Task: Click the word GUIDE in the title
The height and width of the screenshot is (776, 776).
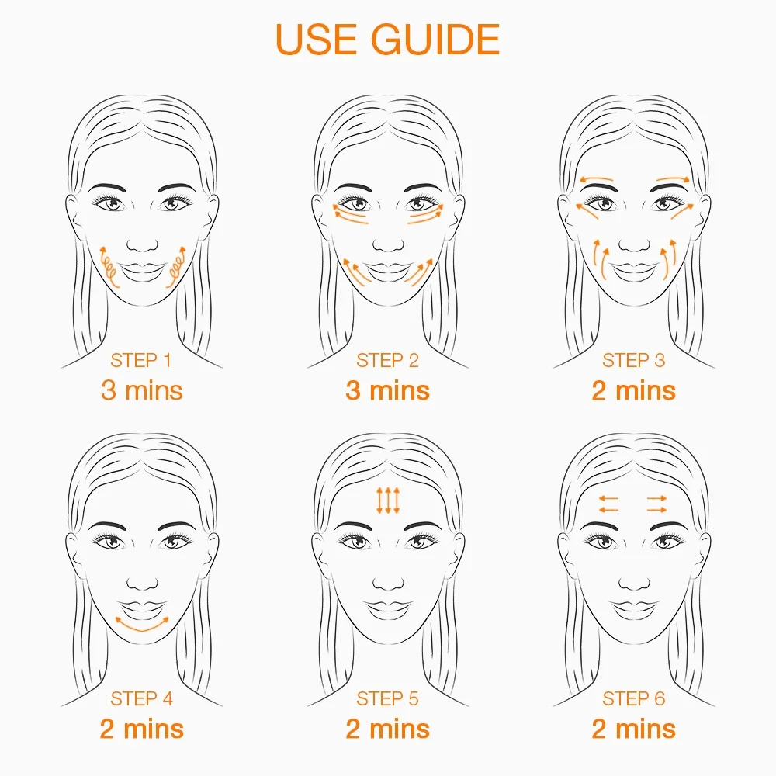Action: (435, 39)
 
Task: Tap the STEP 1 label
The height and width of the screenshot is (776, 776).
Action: (141, 360)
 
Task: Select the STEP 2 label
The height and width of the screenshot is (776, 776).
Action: (387, 360)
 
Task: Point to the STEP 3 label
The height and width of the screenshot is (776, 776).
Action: (633, 360)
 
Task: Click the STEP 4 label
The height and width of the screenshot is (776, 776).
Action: (141, 699)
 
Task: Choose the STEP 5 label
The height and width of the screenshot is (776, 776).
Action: (387, 699)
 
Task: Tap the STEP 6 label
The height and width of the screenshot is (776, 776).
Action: (633, 699)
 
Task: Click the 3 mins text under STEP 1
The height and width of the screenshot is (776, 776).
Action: (141, 390)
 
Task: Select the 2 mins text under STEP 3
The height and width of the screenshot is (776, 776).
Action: (633, 390)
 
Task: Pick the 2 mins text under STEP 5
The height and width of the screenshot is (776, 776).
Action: (387, 729)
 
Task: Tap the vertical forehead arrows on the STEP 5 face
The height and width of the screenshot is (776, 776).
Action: (388, 501)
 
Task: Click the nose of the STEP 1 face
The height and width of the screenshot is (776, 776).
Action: (142, 244)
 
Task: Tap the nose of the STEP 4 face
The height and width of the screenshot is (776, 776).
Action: (142, 583)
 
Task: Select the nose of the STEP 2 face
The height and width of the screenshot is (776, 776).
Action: (388, 244)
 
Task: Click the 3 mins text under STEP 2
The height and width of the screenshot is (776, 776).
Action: (387, 390)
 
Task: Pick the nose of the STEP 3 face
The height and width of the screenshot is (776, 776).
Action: (634, 244)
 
